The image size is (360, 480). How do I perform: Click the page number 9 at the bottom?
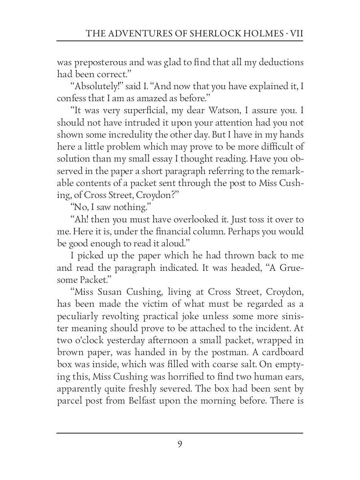point(180,444)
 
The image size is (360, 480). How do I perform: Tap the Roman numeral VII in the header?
point(296,34)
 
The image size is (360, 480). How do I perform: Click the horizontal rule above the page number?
point(180,433)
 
